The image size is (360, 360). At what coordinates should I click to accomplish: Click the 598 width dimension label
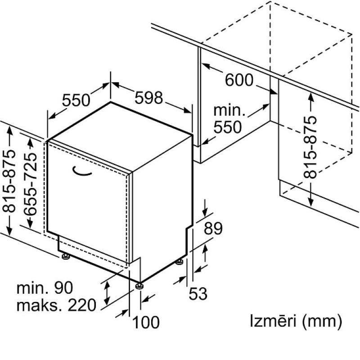coord(149,98)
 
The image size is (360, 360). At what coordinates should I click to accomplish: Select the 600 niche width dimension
coord(239,80)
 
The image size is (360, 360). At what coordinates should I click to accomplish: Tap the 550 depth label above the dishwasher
coord(76,100)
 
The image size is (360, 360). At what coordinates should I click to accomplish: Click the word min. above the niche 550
coord(229,110)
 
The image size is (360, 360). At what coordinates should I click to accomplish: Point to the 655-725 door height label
coord(30,184)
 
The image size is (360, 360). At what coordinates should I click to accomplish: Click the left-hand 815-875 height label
coord(9,181)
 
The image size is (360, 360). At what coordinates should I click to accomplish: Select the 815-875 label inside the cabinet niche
coord(310,148)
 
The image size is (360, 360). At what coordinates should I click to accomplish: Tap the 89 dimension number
coord(213,228)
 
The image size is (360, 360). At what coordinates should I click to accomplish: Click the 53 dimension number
coord(198,293)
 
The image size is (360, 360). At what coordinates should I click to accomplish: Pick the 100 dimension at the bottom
coord(146,322)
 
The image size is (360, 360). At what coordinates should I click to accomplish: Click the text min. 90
coord(45,288)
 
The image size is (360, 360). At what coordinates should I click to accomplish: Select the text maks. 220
coord(56,305)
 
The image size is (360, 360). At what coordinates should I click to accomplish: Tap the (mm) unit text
coord(322,321)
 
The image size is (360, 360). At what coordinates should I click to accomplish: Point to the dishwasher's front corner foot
coord(139,286)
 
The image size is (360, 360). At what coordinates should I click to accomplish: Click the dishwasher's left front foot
coord(66,256)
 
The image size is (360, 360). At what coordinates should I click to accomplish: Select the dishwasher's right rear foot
coord(179,262)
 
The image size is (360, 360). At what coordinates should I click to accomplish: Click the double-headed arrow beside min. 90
coord(107,293)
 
